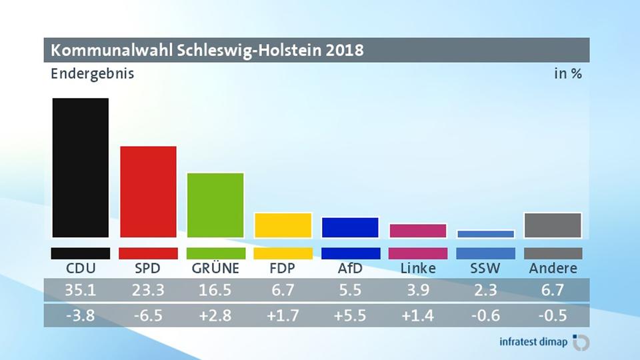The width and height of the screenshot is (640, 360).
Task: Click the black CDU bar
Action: [x=81, y=167]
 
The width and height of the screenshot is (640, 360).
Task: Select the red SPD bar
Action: [x=148, y=191]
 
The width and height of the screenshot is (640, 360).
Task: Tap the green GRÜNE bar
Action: [x=215, y=205]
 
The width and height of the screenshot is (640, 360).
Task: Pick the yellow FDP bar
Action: [x=283, y=225]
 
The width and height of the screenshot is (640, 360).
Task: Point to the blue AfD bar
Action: [x=350, y=227]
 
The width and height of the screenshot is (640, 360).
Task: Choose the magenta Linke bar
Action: [x=418, y=231]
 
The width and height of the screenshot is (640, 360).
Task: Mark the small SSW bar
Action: [x=485, y=234]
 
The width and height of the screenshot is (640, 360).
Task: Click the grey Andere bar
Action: [x=553, y=225]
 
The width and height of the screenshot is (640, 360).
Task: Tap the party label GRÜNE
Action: [x=215, y=269]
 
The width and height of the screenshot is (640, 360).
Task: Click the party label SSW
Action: [x=485, y=269]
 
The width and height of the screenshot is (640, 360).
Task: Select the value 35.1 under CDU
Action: [x=81, y=291]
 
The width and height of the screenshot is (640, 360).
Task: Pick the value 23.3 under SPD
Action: [x=148, y=291]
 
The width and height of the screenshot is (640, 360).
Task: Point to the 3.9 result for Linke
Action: [x=418, y=291]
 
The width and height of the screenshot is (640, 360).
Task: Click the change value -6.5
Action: [x=148, y=315]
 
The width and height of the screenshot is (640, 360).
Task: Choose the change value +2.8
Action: [x=215, y=315]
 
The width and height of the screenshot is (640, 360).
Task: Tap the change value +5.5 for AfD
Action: [x=350, y=315]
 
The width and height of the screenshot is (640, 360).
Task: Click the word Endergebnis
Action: [x=93, y=73]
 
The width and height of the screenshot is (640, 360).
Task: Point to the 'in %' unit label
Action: [x=568, y=73]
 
